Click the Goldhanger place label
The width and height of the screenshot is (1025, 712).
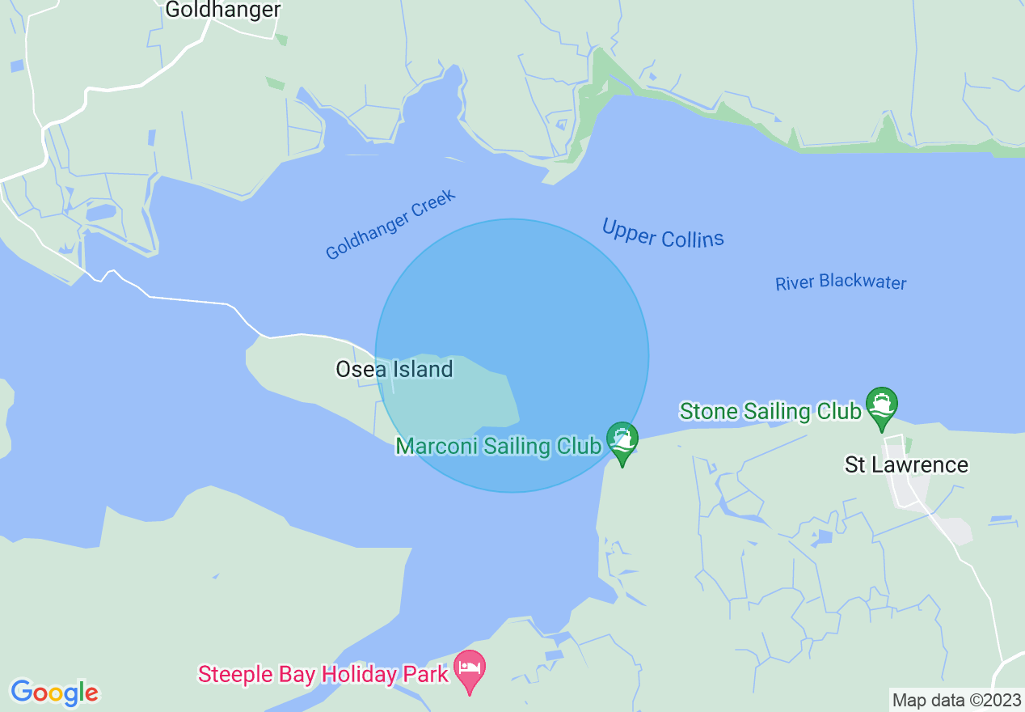pos(222,10)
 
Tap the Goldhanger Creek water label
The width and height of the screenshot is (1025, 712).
pos(390,225)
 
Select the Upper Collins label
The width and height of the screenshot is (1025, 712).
pos(663,233)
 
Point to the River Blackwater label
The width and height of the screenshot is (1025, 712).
pos(841,282)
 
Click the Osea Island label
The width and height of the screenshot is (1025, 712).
pos(394,370)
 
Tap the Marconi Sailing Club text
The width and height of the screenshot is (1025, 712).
pos(498,446)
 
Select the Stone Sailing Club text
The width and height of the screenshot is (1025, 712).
pos(770,411)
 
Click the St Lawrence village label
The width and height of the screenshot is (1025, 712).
pos(906,464)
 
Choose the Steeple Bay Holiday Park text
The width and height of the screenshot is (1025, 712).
pos(323,674)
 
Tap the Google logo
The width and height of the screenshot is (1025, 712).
pos(54,693)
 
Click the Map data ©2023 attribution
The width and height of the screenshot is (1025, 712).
pos(956,700)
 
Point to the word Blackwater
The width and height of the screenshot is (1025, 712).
pos(863,282)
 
